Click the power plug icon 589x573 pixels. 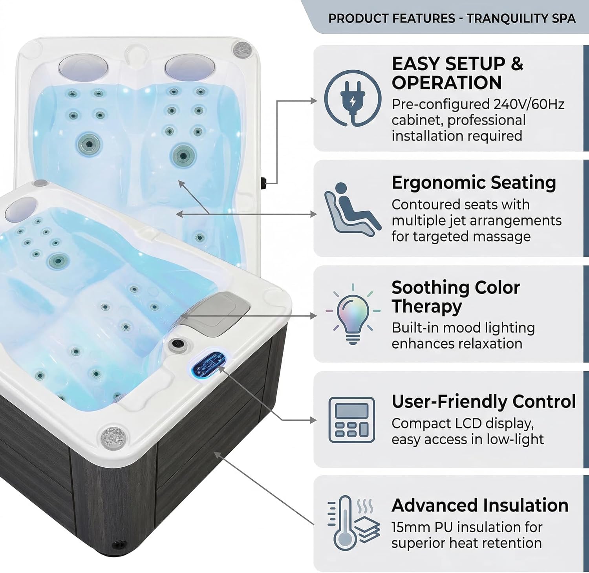point(352,99)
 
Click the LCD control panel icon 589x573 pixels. point(351,419)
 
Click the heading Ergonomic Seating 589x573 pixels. point(474,183)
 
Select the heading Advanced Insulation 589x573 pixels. point(479,505)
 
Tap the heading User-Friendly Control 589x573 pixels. point(483,402)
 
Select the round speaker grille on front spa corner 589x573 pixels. point(113,436)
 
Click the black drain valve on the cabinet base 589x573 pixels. point(118,545)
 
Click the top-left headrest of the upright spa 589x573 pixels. point(83,66)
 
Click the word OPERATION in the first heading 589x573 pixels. point(446,83)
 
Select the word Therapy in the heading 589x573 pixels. point(426,307)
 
